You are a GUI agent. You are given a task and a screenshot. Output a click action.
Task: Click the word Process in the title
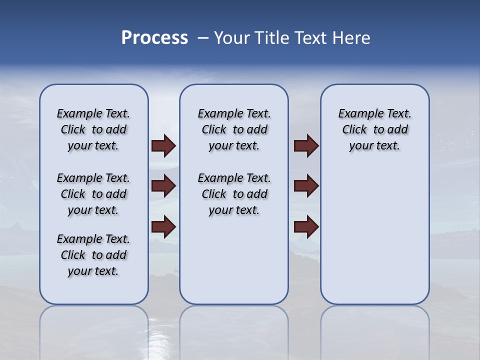[x=154, y=38]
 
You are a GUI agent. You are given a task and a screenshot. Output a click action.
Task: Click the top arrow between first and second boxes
[x=163, y=145]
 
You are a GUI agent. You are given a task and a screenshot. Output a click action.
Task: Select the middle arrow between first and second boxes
[x=163, y=186]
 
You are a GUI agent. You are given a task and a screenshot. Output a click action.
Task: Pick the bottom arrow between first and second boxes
[x=163, y=226]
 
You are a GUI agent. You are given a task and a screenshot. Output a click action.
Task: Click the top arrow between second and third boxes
[x=306, y=145]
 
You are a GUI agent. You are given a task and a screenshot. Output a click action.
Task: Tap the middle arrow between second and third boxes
[x=306, y=186]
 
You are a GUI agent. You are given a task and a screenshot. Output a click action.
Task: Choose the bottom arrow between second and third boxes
[x=306, y=226]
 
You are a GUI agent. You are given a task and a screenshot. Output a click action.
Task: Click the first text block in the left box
[x=93, y=129]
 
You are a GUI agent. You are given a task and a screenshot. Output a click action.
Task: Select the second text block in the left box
[x=93, y=194]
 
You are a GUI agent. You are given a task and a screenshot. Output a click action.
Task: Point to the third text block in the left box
[x=93, y=255]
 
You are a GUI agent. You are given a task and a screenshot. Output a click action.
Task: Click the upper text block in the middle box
[x=234, y=129]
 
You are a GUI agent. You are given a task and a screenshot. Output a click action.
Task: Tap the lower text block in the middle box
[x=234, y=194]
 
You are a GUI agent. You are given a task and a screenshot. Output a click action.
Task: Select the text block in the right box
[x=374, y=129]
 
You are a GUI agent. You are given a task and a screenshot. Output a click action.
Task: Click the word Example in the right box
[x=358, y=114]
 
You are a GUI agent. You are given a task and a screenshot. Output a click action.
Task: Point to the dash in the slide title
[x=202, y=38]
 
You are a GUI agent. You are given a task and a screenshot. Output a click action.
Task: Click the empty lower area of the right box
[x=374, y=235]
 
